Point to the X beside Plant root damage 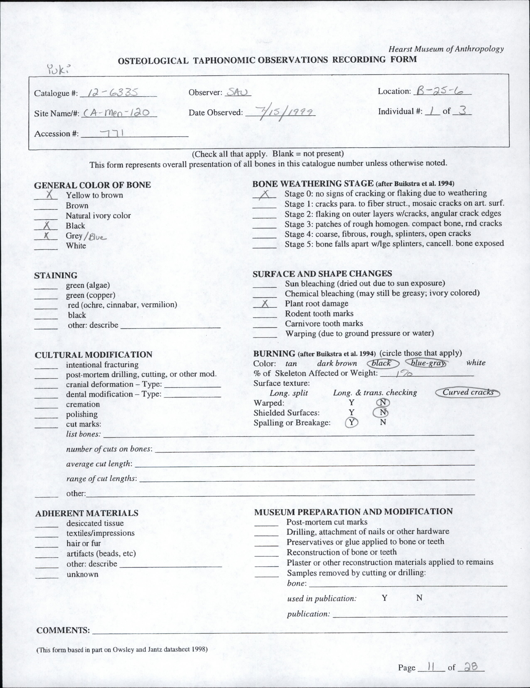pos(265,304)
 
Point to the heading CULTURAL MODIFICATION pos(93,355)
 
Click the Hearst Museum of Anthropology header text pos(446,49)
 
